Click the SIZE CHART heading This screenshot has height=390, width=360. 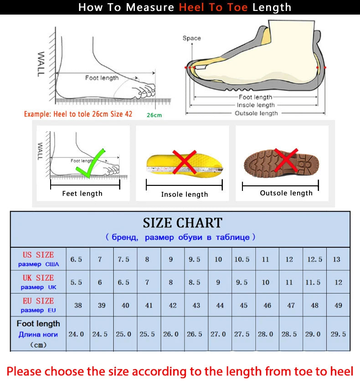coord(182,223)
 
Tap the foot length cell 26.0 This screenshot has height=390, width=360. coord(171,334)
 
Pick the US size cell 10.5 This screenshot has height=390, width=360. coord(242,259)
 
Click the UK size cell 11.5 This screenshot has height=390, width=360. coord(313,282)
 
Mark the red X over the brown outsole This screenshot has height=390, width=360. coord(286,160)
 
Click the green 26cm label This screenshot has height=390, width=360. coord(154,115)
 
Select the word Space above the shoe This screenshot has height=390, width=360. coord(191,38)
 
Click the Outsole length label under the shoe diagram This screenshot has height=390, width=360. coord(256,113)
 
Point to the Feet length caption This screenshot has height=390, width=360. coord(82,194)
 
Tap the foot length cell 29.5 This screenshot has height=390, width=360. coord(338,334)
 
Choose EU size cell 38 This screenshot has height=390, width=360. coord(78,305)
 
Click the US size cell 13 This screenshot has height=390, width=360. coord(336,259)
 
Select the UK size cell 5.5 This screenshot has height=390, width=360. coord(76,282)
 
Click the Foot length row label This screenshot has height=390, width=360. coord(38,324)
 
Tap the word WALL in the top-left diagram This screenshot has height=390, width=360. coord(41,64)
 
